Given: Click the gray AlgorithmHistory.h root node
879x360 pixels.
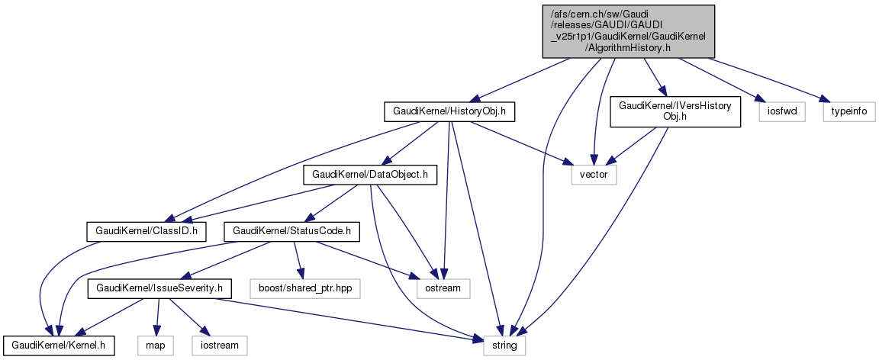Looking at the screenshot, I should coord(628,31).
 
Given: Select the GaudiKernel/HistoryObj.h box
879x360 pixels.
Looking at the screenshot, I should coord(449,112).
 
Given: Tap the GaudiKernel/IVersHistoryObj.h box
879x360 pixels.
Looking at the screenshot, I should coord(675,111).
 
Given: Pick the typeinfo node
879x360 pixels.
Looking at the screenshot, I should coord(848,112).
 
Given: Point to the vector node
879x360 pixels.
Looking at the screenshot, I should coord(593,175).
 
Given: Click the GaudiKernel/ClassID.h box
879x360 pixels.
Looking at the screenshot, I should coord(145,230).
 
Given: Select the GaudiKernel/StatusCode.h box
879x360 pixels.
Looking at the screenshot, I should coord(291,230).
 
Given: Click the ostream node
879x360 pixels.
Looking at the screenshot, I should coord(443,289).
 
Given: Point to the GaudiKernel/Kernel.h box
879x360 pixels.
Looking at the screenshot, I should coord(58,346).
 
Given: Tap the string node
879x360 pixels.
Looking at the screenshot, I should coord(504,346).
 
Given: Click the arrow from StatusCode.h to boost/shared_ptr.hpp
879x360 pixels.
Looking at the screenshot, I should coord(299,259).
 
